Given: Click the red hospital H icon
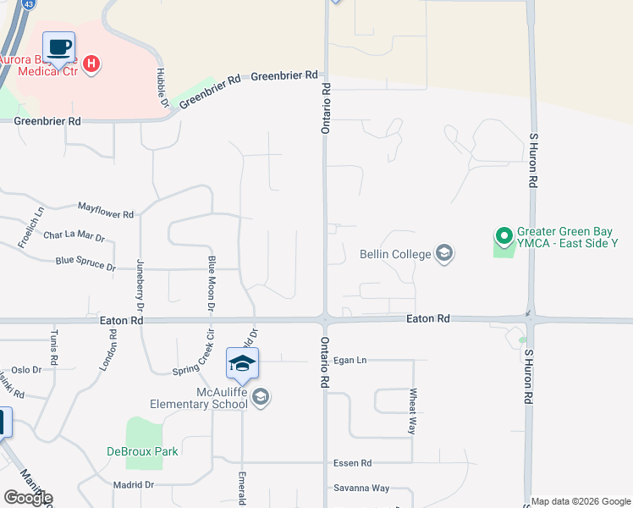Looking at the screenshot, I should point(93,63).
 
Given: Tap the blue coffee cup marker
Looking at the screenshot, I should point(58,47).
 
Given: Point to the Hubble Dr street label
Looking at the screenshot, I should point(160,87).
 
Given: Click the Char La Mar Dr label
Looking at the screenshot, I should point(74,238).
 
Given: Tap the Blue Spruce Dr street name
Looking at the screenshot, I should point(85,265).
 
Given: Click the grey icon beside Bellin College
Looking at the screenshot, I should point(443,253).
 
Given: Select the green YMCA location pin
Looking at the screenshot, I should point(504,235).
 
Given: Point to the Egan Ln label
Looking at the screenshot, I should point(350,361).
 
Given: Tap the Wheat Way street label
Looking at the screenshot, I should point(413,411).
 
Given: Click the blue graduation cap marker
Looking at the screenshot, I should point(242,363).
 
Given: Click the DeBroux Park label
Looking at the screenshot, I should point(142,451).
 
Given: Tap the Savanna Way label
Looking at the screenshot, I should point(361,488).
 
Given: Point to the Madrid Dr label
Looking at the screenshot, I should point(133,485).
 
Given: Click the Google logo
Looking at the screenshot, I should point(28,498).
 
